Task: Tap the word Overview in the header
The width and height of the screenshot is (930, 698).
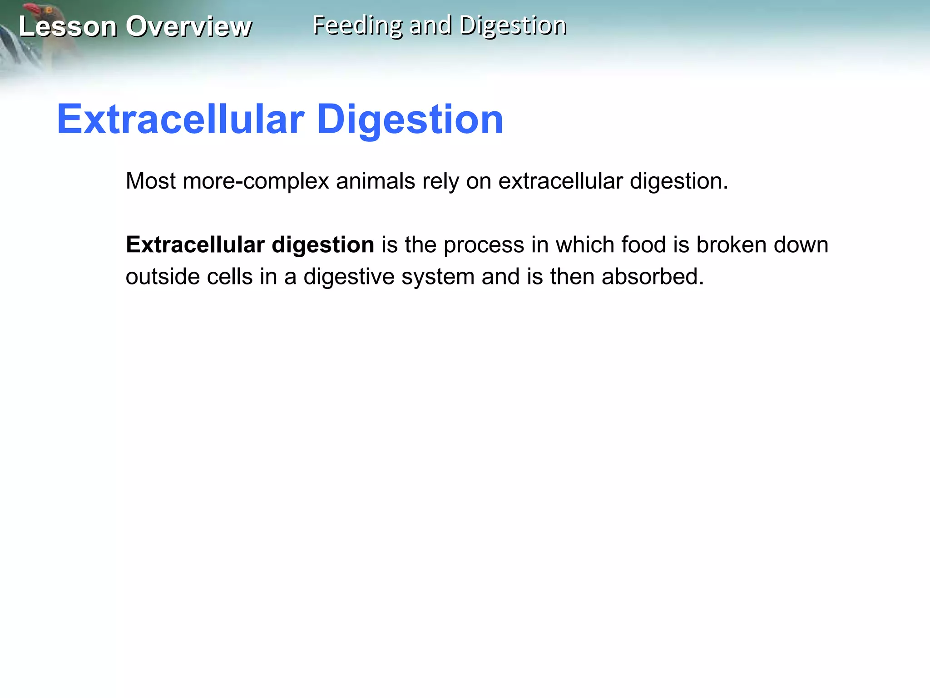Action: (188, 26)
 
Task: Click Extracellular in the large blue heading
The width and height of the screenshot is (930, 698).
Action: (180, 119)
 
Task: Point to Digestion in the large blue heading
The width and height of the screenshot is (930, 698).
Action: (410, 119)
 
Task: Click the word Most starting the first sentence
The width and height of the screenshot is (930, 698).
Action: (150, 181)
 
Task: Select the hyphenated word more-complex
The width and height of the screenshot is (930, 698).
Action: (256, 181)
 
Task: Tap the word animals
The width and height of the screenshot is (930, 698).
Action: (376, 181)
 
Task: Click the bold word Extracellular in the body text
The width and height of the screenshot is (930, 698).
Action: (195, 244)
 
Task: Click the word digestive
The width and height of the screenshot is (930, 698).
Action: (349, 276)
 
